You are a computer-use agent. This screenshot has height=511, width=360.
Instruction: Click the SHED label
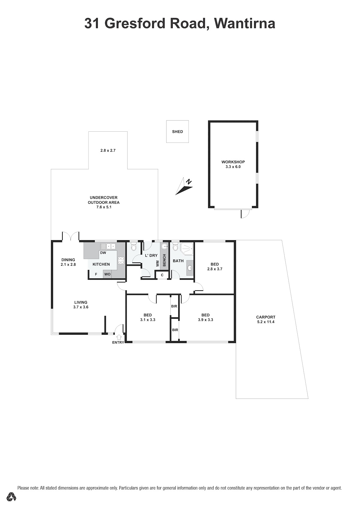click(177, 132)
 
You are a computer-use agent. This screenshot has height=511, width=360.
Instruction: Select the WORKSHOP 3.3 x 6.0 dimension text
click(233, 167)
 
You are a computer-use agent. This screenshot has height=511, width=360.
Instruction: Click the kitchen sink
click(108, 247)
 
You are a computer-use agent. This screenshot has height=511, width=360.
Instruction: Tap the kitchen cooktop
click(121, 260)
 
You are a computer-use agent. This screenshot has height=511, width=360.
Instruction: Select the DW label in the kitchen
click(103, 253)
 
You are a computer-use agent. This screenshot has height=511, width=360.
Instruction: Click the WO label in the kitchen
click(107, 274)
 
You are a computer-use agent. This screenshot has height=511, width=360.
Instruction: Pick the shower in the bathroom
click(187, 248)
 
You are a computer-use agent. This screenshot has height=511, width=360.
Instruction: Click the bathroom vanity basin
click(190, 267)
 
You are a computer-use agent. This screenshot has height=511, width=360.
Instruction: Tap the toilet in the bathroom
click(175, 246)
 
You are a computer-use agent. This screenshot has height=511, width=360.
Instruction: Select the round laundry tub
click(164, 247)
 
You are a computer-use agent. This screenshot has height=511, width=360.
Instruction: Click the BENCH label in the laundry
click(164, 260)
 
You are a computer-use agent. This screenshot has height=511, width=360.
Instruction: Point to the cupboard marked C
click(162, 275)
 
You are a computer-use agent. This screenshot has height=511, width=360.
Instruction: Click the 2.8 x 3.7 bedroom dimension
click(214, 269)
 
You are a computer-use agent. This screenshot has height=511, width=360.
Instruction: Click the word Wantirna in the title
click(245, 23)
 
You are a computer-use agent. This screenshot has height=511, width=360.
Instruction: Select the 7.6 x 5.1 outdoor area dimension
click(103, 207)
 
